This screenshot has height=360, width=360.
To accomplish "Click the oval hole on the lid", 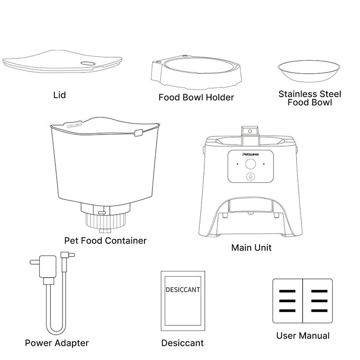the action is pyautogui.click(x=88, y=63).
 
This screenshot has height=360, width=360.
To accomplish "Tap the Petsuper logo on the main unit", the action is pyautogui.click(x=251, y=154).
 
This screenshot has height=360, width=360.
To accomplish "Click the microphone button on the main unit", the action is pyautogui.click(x=251, y=176).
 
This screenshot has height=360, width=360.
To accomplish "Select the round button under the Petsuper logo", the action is pyautogui.click(x=251, y=164).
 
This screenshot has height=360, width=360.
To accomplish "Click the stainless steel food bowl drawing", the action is pyautogui.click(x=309, y=71).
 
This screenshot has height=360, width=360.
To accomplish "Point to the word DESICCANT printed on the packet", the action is pyautogui.click(x=183, y=290).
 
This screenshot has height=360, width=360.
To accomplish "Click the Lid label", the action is pyautogui.click(x=59, y=95).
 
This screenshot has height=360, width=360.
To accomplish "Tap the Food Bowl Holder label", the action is pyautogui.click(x=196, y=97).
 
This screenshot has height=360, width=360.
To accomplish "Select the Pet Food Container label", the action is pyautogui.click(x=105, y=241).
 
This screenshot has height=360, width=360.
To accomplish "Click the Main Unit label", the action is pyautogui.click(x=252, y=247).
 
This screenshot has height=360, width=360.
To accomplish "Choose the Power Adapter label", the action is pyautogui.click(x=57, y=343).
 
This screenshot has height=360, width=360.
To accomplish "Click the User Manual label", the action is pyautogui.click(x=303, y=336).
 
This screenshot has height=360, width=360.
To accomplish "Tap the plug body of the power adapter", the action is pyautogui.click(x=48, y=267).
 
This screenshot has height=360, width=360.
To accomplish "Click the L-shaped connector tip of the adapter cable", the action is pyautogui.click(x=67, y=255).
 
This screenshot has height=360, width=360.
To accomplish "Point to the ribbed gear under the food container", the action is pyautogui.click(x=106, y=220).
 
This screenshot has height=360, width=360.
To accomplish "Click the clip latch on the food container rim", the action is pyautogui.click(x=139, y=133).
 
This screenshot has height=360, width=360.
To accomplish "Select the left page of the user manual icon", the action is pyautogui.click(x=288, y=301).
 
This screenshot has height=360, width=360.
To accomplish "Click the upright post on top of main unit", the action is pyautogui.click(x=250, y=136).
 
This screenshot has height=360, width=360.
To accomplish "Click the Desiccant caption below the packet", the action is pyautogui.click(x=182, y=343).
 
